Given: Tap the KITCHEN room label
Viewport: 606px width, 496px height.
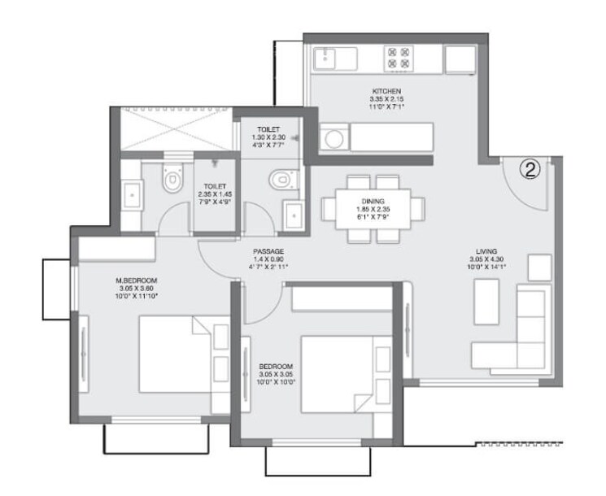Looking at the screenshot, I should [x=386, y=91].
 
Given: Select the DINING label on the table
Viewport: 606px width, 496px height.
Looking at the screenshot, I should [x=373, y=201].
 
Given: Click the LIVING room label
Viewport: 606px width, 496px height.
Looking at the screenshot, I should [x=488, y=251].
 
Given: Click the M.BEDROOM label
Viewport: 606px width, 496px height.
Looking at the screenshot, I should [x=136, y=281].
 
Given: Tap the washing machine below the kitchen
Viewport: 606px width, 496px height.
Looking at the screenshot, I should [x=334, y=139].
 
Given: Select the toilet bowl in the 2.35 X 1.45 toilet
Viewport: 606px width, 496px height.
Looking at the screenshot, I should [x=172, y=181].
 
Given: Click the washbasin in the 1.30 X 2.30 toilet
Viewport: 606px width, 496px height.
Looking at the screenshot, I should [x=293, y=216].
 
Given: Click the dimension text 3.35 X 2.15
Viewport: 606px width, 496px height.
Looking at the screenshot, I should [x=386, y=99].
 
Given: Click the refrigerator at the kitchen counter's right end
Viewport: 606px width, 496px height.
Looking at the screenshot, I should [x=460, y=59].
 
